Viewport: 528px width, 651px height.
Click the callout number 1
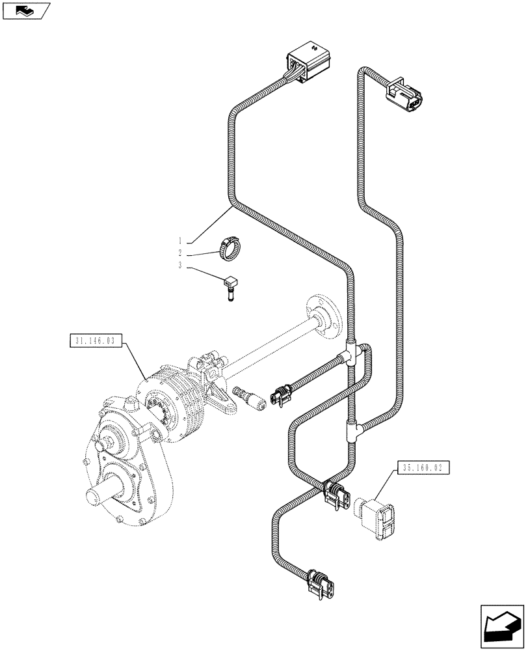pos(179,242)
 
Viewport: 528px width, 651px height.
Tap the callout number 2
pos(179,254)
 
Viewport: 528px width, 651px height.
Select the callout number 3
pos(179,266)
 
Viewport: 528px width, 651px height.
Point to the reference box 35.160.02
pos(422,467)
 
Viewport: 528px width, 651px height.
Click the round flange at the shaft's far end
pos(324,318)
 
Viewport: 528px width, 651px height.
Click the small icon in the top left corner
pos(25,10)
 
